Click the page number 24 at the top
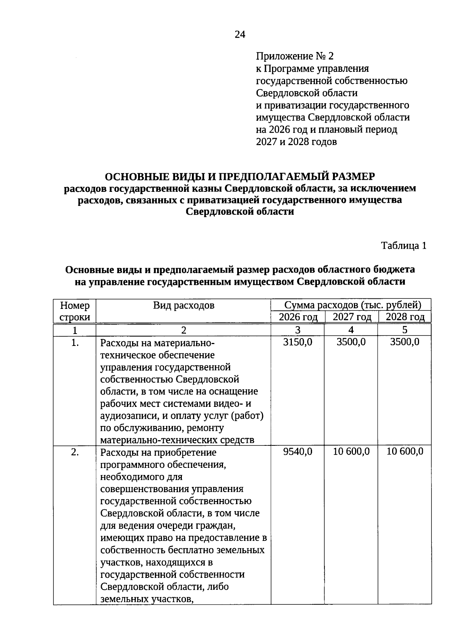pos(240,35)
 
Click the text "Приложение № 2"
pos(294,56)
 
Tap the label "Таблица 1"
pos(404,246)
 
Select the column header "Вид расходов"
pos(184,306)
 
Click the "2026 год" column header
pos(298,318)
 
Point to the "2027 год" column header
pos(352,318)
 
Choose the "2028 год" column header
pos(405,318)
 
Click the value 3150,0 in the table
pos(298,342)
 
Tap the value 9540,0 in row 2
pos(298,451)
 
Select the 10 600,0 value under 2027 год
pos(351,451)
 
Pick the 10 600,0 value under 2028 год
pos(405,451)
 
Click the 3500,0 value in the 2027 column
pos(351,342)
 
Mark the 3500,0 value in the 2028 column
pos(405,342)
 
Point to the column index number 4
pos(351,330)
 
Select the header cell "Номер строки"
pos(75,311)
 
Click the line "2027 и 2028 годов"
pos(296,142)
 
